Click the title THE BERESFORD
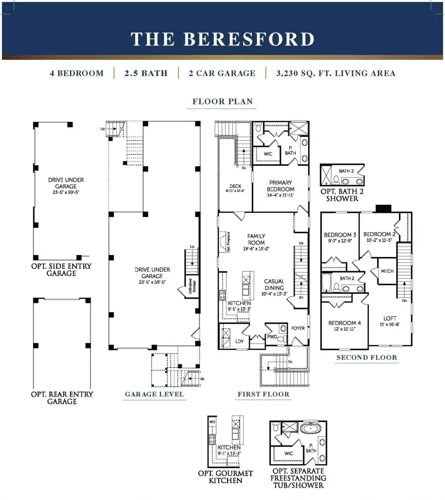[x=222, y=39]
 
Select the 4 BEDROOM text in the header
[x=77, y=73]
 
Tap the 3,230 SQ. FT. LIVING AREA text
[x=336, y=73]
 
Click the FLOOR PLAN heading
[x=222, y=101]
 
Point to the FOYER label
[x=298, y=327]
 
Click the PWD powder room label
[x=272, y=337]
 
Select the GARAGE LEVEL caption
[x=154, y=394]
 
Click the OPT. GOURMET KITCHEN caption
[x=226, y=477]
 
